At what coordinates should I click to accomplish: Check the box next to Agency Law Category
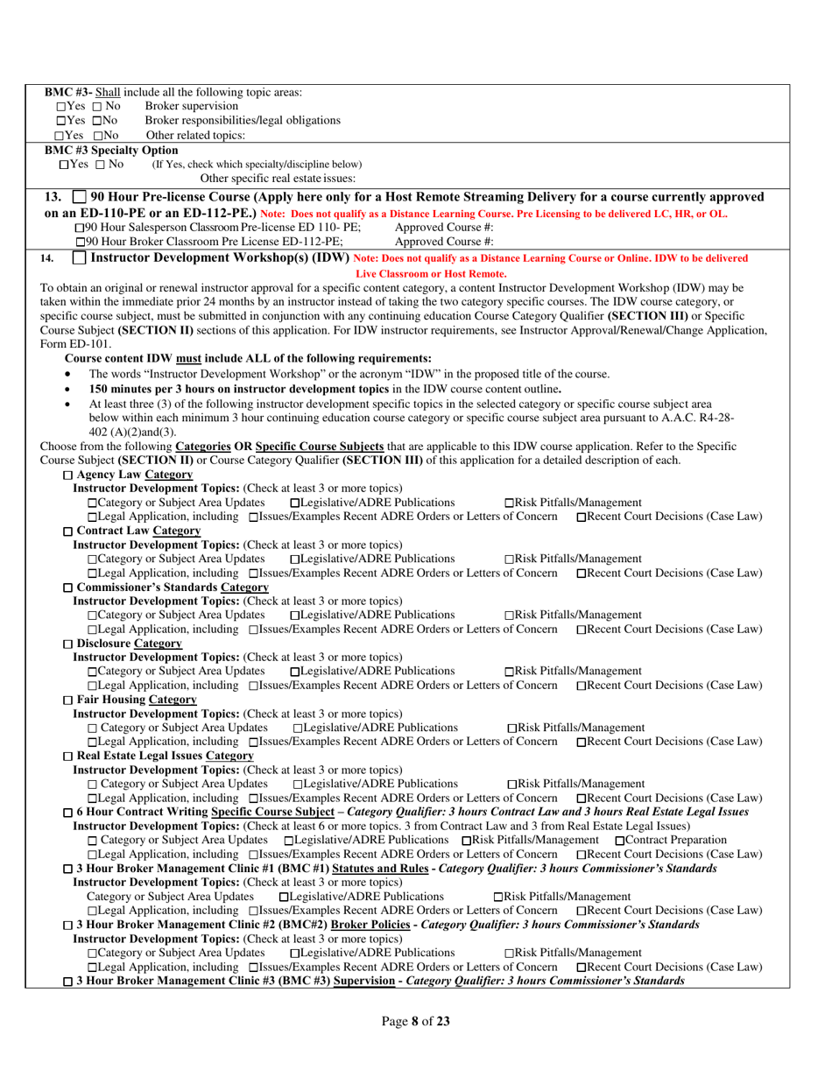pos(69,474)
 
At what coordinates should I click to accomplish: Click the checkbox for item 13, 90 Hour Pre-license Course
pos(79,196)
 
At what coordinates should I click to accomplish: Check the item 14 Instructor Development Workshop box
pos(79,258)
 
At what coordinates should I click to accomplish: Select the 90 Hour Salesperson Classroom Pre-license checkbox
pos(81,228)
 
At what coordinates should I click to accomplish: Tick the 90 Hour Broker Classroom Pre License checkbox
pos(81,242)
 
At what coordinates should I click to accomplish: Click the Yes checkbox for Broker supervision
pos(61,106)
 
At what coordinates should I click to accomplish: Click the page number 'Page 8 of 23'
pos(416,1020)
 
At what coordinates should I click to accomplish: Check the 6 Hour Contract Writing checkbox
pos(69,813)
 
